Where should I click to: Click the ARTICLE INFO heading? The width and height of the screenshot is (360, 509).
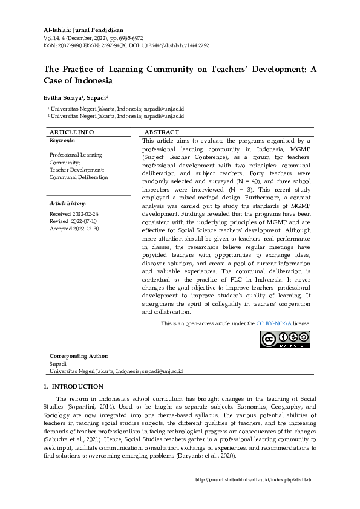[71, 132]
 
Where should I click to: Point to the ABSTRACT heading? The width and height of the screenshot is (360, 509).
[162, 132]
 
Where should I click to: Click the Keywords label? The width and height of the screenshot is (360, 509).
[62, 140]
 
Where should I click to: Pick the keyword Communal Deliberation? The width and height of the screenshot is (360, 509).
[79, 177]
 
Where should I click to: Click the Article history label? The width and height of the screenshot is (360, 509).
[68, 203]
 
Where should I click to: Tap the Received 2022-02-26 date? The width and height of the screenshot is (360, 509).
[74, 214]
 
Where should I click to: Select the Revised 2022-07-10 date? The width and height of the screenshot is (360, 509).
[74, 221]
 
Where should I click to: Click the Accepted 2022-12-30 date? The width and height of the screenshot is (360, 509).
[74, 229]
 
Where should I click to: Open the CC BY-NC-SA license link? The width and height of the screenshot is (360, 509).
[273, 324]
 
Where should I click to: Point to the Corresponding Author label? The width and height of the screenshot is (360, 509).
[79, 357]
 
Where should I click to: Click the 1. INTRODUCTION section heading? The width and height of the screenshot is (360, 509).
[73, 387]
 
